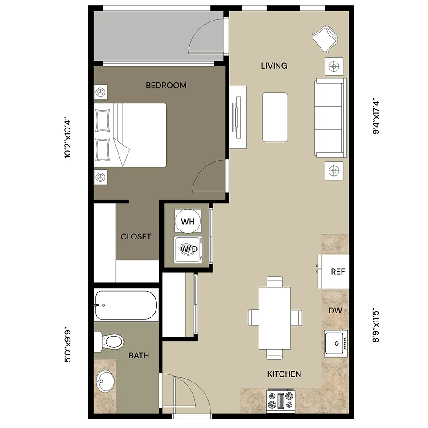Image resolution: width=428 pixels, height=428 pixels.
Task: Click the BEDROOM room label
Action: click(x=166, y=86)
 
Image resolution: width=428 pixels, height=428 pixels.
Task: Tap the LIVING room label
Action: click(x=274, y=66)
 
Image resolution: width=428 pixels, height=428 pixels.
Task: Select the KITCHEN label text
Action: click(x=284, y=374)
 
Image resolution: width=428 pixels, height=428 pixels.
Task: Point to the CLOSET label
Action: click(x=136, y=236)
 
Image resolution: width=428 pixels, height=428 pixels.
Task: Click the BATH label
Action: click(x=139, y=355)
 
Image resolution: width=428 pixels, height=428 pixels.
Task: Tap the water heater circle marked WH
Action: click(x=188, y=222)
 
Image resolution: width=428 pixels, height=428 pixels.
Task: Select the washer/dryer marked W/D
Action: click(x=188, y=250)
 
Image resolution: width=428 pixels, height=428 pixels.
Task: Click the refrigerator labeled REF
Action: click(x=335, y=272)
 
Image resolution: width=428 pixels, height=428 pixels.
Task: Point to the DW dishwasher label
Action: click(x=335, y=310)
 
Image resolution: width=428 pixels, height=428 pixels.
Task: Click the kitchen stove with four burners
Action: click(x=280, y=400)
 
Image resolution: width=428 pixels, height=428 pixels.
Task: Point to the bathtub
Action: click(x=126, y=305)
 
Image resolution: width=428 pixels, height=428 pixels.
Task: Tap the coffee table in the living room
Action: click(x=275, y=117)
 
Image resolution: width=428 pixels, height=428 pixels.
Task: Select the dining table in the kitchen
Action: click(x=275, y=318)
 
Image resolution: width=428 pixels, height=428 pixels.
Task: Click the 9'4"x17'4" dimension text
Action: click(x=376, y=116)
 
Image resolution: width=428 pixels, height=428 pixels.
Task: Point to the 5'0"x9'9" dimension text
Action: click(x=68, y=346)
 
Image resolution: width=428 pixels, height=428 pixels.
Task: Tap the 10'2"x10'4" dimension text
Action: click(x=68, y=139)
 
